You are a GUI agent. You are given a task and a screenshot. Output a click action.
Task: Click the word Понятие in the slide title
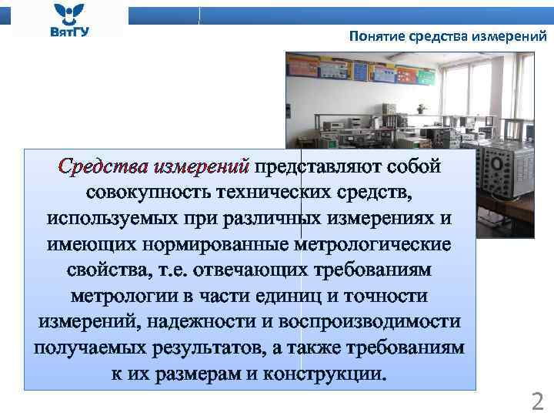(x=375, y=35)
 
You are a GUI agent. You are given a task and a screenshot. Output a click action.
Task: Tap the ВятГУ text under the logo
(x=69, y=32)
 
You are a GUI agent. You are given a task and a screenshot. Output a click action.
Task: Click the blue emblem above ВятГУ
(x=69, y=13)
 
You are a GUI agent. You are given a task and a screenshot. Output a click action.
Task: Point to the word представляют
(x=320, y=166)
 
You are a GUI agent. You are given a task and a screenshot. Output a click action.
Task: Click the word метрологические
(x=383, y=244)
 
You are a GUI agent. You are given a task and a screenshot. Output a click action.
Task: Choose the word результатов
(x=205, y=349)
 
